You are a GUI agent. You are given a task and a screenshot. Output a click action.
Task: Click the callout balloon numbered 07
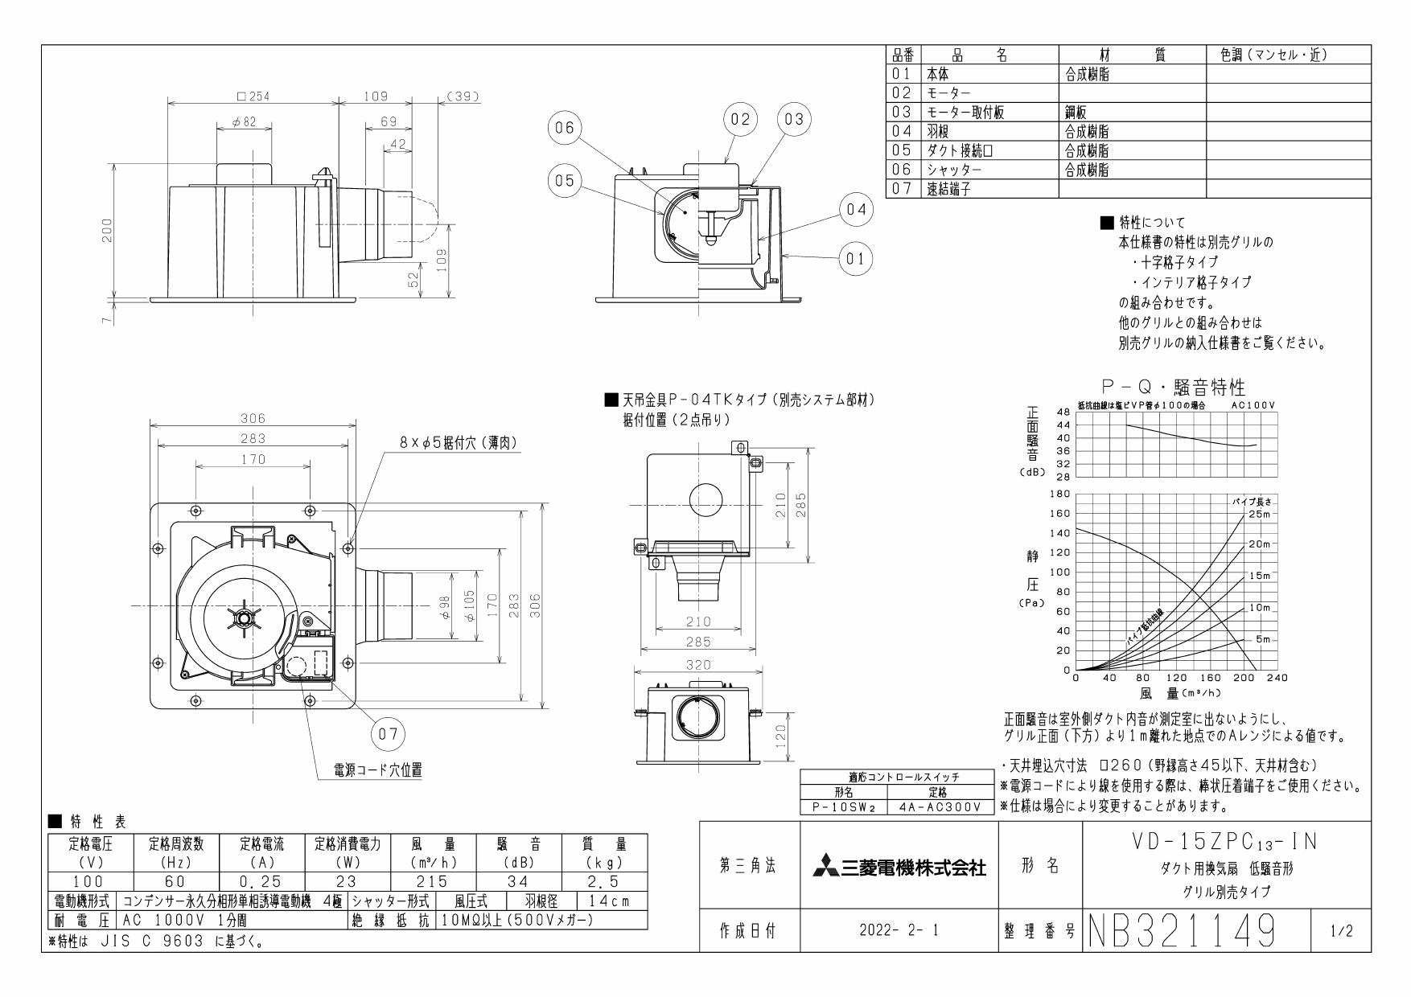coord(388,734)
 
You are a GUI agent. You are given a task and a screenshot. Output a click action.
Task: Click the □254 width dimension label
coord(253,96)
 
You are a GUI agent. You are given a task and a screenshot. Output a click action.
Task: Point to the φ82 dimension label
coord(244,121)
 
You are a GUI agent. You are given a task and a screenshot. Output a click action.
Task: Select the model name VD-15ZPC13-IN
coord(1225,842)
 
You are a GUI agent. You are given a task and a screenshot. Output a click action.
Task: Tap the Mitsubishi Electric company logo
coord(899,867)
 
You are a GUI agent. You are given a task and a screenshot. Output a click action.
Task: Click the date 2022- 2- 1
coord(899,931)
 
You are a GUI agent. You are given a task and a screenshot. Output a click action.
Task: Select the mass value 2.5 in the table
coord(603,882)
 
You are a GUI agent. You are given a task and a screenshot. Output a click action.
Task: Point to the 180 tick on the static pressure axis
coord(1060,494)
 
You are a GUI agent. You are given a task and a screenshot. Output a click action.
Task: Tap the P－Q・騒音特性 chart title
coord(1173,389)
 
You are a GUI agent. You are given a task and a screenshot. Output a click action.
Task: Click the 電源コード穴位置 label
coord(378,770)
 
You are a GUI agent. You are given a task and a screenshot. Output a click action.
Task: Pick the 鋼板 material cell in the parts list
coord(1076,113)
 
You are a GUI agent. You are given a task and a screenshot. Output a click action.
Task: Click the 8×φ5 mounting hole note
coord(459,443)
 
